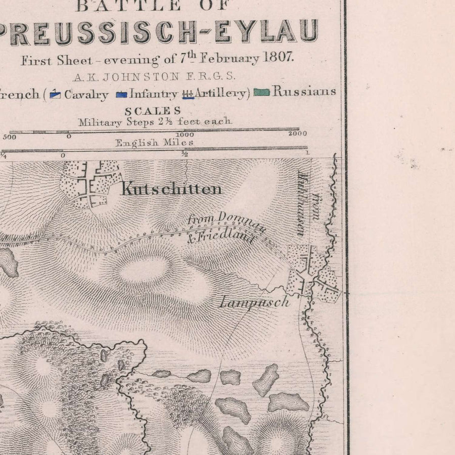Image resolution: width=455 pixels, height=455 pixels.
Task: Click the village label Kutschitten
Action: tap(171, 190)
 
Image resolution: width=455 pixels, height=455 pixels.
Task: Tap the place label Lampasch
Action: tap(254, 303)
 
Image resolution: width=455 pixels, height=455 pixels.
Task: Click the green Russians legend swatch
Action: tap(261, 93)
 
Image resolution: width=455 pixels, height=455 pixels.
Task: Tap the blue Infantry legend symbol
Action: tap(121, 94)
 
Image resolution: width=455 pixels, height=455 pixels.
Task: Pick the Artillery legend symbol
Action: tap(188, 94)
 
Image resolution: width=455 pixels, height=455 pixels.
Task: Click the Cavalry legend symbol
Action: tap(55, 94)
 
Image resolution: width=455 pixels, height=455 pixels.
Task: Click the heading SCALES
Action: tap(153, 111)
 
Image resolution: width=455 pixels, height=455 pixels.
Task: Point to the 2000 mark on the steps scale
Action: tap(297, 134)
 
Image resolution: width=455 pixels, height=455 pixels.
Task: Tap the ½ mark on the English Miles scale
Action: tap(185, 155)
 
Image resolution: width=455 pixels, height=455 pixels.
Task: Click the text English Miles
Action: tap(154, 143)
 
